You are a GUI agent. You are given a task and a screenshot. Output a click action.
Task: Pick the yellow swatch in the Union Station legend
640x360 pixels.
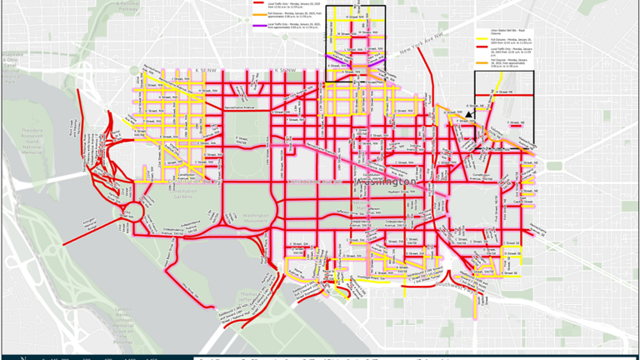(481, 37)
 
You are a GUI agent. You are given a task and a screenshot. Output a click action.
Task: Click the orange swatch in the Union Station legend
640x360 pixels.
(481, 61)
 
